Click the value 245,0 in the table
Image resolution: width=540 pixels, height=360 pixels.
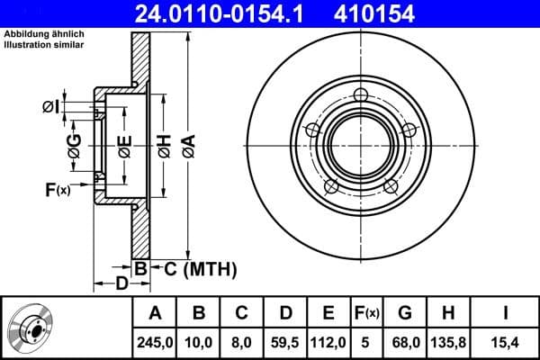tap(155, 342)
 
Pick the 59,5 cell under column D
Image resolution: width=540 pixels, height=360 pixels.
tap(285, 342)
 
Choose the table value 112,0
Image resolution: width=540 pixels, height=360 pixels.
tap(328, 342)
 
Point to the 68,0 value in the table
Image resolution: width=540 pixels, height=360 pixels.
tap(405, 342)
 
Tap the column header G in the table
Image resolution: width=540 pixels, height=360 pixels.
tap(405, 313)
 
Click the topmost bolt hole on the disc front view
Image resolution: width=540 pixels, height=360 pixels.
tap(362, 96)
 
